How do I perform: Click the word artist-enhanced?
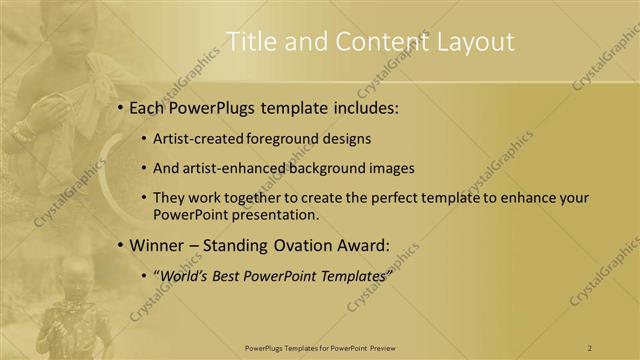pyautogui.click(x=233, y=168)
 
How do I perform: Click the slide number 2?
pyautogui.click(x=590, y=347)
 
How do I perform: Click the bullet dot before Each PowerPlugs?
pyautogui.click(x=120, y=107)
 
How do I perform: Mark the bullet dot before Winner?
pyautogui.click(x=120, y=245)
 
